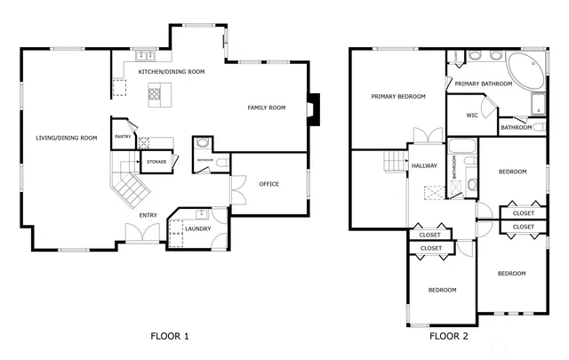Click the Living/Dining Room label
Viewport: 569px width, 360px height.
pyautogui.click(x=66, y=138)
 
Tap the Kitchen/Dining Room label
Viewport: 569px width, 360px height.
pyautogui.click(x=172, y=71)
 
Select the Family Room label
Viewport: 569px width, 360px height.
pyautogui.click(x=266, y=108)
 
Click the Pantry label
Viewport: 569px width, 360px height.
pyautogui.click(x=123, y=137)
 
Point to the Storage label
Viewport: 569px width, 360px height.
pyautogui.click(x=156, y=162)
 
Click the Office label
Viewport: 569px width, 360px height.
pyautogui.click(x=268, y=184)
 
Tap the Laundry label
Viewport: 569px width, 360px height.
pyautogui.click(x=196, y=229)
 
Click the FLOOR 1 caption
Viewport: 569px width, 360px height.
pyautogui.click(x=169, y=336)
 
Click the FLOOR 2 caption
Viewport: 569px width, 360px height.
pyautogui.click(x=448, y=336)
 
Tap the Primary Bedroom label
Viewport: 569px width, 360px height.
pyautogui.click(x=398, y=96)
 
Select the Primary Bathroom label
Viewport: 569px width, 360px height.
pyautogui.click(x=479, y=84)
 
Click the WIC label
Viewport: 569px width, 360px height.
pyautogui.click(x=471, y=116)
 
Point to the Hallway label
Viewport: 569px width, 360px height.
pyautogui.click(x=423, y=165)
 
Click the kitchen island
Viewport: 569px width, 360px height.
pyautogui.click(x=156, y=91)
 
